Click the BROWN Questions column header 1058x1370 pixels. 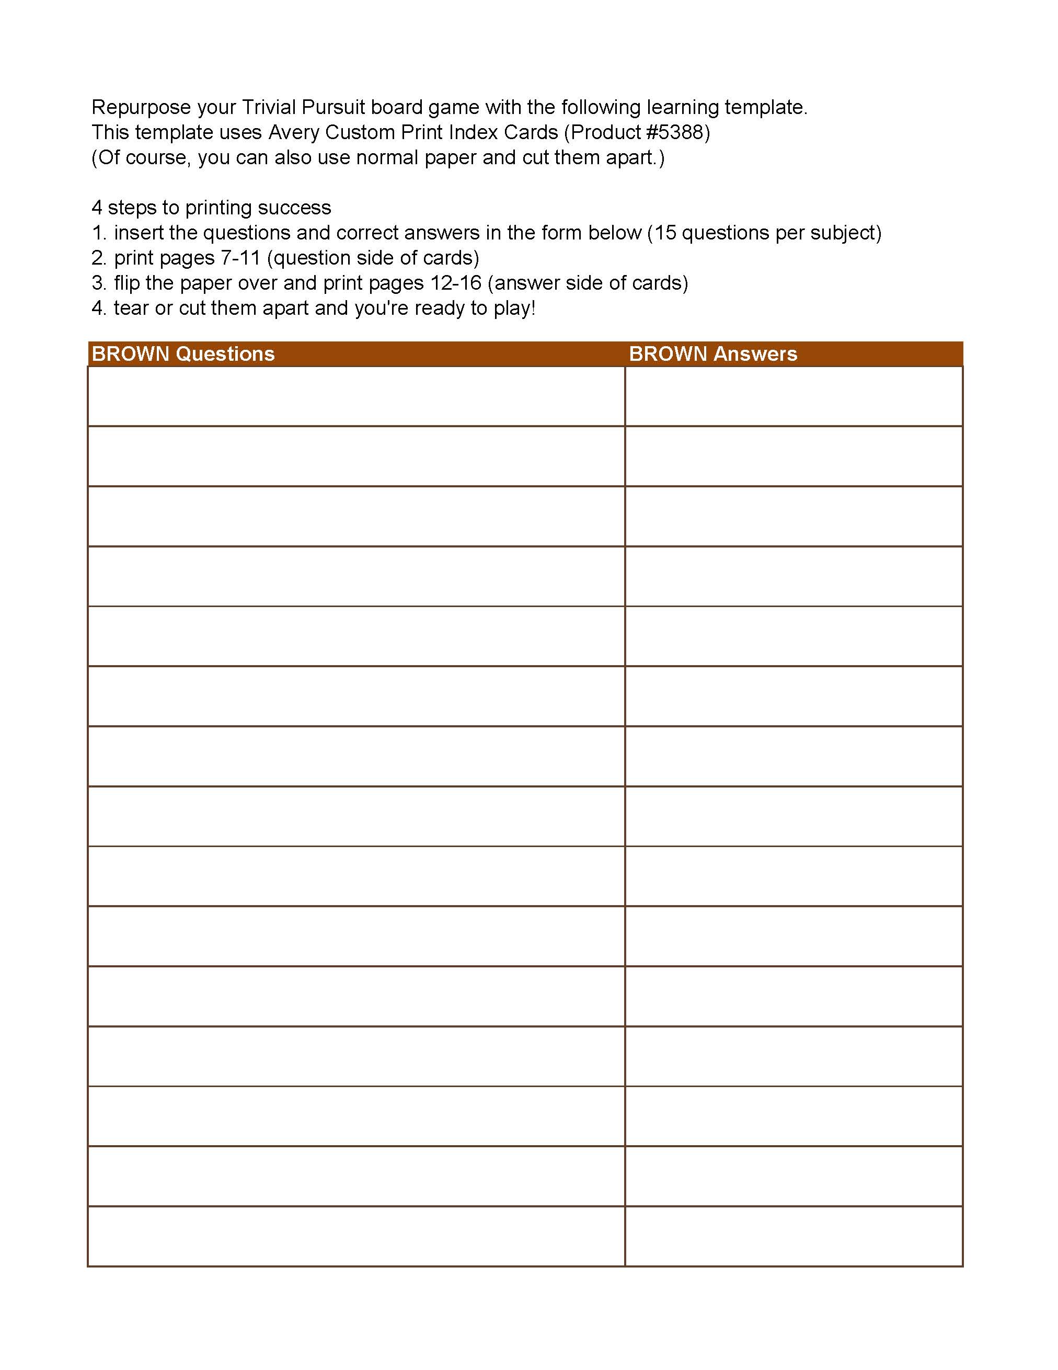coord(183,354)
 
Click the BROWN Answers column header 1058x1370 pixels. coord(712,354)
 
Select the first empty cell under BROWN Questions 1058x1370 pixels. coord(356,396)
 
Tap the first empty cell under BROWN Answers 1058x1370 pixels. coord(793,396)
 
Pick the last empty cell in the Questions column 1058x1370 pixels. coord(356,1236)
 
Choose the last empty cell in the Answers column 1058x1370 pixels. coord(793,1236)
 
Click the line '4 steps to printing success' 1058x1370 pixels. coord(211,208)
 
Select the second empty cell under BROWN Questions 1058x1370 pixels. coord(356,456)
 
